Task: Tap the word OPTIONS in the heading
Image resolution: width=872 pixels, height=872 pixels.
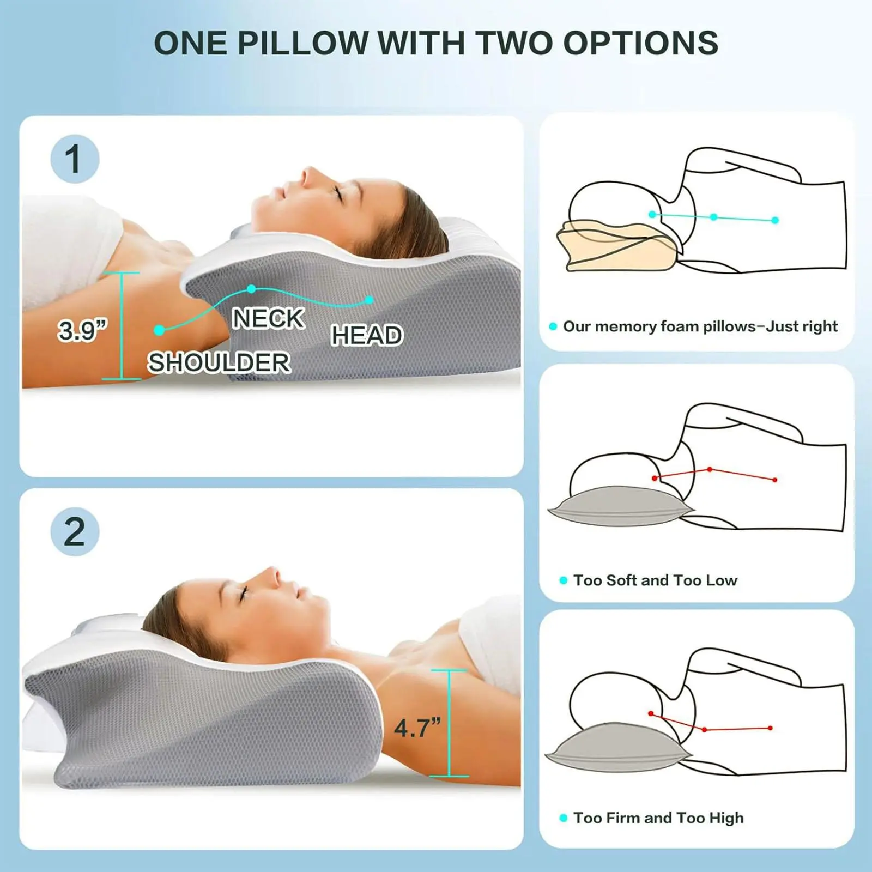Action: pos(641,43)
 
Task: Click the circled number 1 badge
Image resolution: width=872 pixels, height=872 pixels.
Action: pos(75,159)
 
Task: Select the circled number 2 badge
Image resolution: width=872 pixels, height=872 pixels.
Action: pos(75,532)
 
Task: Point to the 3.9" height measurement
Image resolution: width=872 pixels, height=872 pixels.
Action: pos(83,330)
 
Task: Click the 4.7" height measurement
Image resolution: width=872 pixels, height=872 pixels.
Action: pos(417,728)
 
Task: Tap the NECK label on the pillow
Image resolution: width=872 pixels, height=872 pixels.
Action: pos(268,318)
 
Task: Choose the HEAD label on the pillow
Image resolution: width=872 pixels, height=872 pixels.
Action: pos(367,335)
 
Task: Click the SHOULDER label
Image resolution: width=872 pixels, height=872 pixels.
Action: pos(219,362)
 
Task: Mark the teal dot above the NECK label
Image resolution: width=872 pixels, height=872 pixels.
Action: pos(251,289)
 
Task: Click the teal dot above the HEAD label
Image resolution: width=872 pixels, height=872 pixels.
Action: pos(370,300)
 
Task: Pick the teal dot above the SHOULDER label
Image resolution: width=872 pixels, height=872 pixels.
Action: pos(159,330)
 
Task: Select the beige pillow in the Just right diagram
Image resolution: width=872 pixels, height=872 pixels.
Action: pos(616,245)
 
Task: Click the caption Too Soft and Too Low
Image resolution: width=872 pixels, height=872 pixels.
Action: pos(655,580)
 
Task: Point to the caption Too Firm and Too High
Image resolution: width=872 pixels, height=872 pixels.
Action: pos(658,818)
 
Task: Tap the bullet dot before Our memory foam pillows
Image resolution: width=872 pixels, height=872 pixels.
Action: pos(553,326)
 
